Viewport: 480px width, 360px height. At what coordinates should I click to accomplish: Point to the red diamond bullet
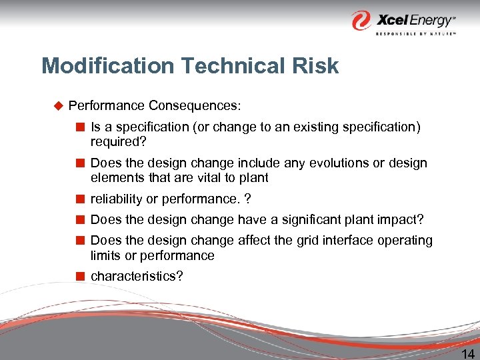pyautogui.click(x=57, y=105)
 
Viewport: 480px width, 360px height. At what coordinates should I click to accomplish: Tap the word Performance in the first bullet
pyautogui.click(x=107, y=106)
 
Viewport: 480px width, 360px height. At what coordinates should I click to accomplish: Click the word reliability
pyautogui.click(x=115, y=199)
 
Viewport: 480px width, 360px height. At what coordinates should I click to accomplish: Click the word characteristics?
pyautogui.click(x=136, y=276)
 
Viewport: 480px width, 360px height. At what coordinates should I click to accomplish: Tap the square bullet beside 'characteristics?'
pyautogui.click(x=81, y=276)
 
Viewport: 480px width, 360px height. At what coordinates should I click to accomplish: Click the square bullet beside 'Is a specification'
pyautogui.click(x=81, y=127)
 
